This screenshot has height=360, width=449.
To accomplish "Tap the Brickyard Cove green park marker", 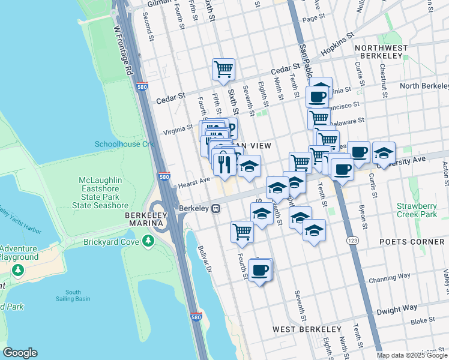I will tap(148, 241).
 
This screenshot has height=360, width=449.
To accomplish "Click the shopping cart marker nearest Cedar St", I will tap(223, 70).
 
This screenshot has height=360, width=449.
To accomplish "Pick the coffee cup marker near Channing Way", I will tap(260, 271).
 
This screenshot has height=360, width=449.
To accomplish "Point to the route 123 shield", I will tap(349, 240).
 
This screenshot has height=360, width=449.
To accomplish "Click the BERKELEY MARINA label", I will tap(144, 219).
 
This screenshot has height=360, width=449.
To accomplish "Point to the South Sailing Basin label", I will tap(73, 295).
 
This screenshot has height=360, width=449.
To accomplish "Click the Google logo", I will tap(20, 353).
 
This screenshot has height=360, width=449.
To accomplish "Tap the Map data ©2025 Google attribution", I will tap(412, 355).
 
